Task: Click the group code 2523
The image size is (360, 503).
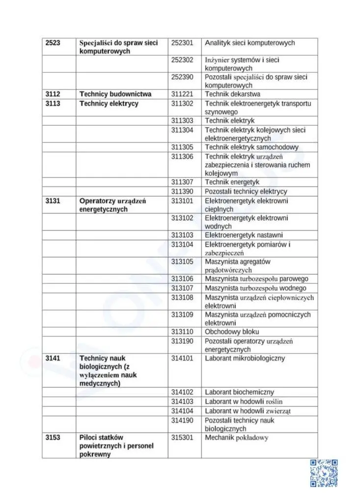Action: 53,43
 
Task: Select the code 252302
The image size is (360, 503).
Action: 182,60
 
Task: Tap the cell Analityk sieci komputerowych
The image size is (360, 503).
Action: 249,43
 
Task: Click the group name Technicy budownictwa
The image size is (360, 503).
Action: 115,94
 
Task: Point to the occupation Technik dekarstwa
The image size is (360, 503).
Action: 232,94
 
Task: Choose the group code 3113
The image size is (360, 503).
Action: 53,104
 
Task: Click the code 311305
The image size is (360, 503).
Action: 182,147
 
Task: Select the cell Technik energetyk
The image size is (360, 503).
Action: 232,182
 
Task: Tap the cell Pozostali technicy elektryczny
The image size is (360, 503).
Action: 246,191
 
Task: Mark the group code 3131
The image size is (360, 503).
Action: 53,201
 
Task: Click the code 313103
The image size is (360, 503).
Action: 182,235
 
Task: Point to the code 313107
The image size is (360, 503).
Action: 182,288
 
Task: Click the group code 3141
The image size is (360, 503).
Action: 53,359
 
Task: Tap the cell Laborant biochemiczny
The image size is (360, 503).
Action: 239,392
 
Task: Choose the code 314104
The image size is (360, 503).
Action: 182,411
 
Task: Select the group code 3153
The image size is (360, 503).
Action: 53,437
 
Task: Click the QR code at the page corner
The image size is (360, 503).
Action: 324,473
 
